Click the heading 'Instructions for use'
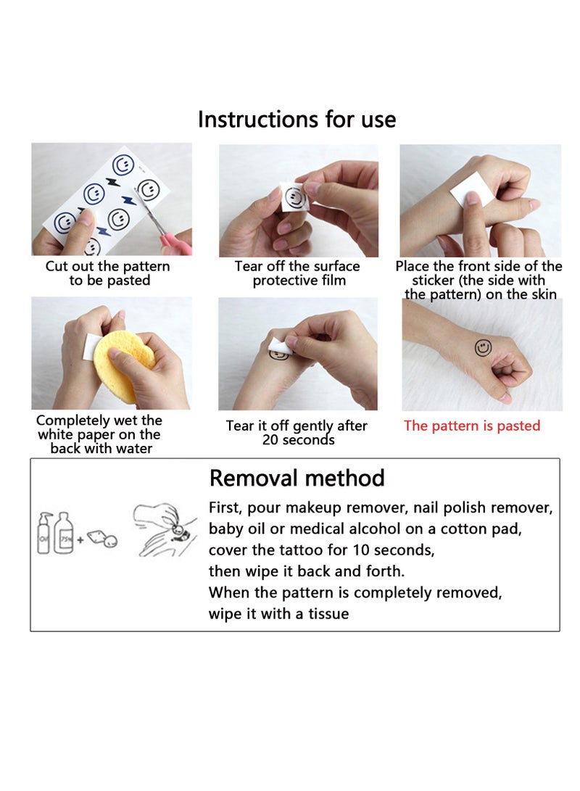297,120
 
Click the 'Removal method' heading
297,478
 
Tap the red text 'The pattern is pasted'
471,426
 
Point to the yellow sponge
119,365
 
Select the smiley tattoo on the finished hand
483,347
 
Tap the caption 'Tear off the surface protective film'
297,273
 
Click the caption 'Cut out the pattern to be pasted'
108,273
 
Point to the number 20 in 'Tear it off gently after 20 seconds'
270,440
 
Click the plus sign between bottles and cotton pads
80,539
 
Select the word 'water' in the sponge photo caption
133,449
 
